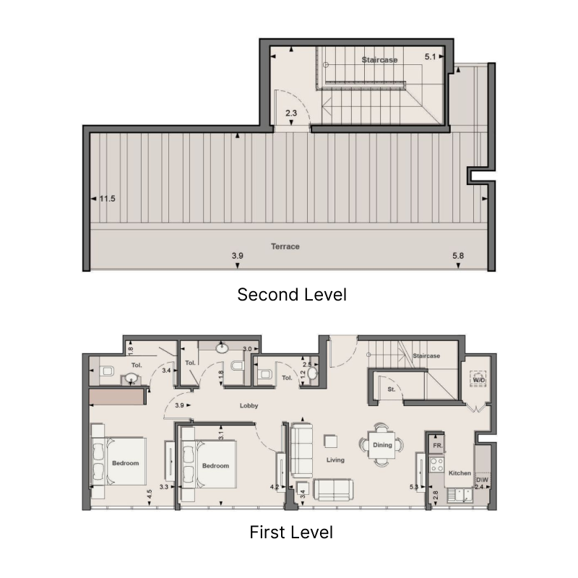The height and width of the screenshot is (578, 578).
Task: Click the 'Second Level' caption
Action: (292, 295)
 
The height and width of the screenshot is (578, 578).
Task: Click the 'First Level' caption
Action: (291, 533)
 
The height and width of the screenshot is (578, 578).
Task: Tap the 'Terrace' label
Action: (285, 246)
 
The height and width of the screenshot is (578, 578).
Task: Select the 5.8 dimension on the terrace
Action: (458, 256)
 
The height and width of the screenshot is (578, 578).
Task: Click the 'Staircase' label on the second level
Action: (379, 60)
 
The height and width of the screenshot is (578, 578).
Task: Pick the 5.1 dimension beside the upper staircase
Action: (430, 55)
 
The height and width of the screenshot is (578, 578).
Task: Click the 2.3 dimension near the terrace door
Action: (291, 113)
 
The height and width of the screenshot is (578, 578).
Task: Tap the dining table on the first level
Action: (382, 445)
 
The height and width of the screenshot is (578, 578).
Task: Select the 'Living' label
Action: (335, 460)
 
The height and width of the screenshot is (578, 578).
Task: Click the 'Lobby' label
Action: (249, 406)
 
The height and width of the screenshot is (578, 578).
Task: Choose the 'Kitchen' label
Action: (460, 473)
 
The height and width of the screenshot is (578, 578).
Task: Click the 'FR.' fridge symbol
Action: (437, 447)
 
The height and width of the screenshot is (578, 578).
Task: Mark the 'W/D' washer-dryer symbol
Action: (478, 379)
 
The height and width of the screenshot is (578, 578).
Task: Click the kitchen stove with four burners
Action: (437, 465)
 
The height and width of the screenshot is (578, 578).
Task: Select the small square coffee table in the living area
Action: (331, 441)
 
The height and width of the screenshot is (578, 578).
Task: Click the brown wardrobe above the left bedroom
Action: (116, 397)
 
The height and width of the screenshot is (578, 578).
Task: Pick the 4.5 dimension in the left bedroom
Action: (150, 495)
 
